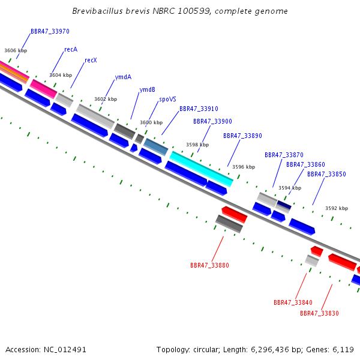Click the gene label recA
tap(71, 49)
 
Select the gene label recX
tap(91, 60)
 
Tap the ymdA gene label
tap(123, 77)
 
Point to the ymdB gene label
tap(147, 89)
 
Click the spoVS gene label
tap(167, 100)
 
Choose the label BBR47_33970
tap(50, 31)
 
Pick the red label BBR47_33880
tap(209, 265)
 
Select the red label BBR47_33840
tap(293, 302)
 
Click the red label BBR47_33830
tap(319, 313)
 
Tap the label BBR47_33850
tap(326, 174)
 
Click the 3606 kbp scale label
tap(16, 51)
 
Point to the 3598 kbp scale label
tap(197, 145)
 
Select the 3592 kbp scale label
tap(337, 208)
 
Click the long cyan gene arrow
tap(201, 169)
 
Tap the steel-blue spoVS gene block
tap(155, 146)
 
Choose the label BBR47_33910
tap(199, 109)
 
